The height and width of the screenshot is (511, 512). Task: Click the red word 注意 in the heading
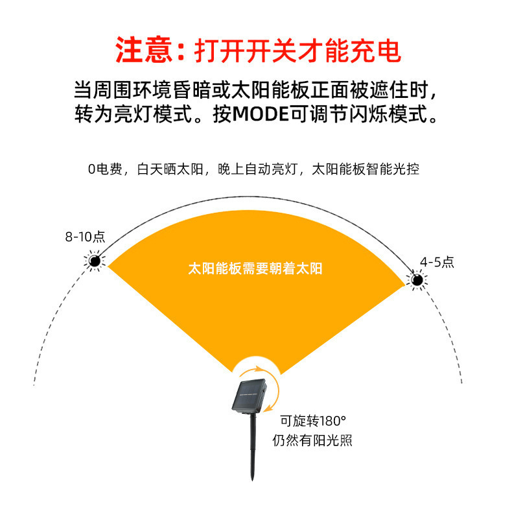[x=142, y=50]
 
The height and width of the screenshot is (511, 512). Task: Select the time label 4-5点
[x=436, y=262]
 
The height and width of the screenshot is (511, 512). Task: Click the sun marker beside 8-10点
[x=95, y=261]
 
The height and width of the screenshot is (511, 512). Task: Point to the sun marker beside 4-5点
[x=416, y=280]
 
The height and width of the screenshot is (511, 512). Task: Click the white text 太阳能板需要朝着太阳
[x=255, y=268]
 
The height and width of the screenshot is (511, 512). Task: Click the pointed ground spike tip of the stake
[x=252, y=479]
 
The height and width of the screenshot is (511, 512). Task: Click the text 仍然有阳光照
[x=312, y=440]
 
